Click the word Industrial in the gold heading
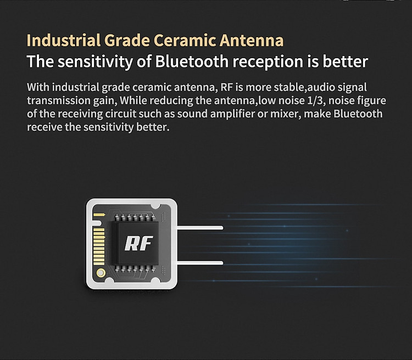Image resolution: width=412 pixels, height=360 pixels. click(x=64, y=40)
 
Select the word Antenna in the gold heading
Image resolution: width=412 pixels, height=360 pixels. click(x=252, y=40)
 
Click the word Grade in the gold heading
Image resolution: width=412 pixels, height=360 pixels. click(x=127, y=40)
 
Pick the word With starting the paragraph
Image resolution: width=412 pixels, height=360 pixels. click(x=38, y=87)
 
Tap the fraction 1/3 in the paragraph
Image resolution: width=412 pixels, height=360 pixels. click(x=316, y=100)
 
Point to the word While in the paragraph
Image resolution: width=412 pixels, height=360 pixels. click(x=133, y=100)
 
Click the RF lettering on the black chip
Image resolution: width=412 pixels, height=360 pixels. click(x=138, y=244)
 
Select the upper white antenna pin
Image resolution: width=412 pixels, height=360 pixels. click(x=200, y=228)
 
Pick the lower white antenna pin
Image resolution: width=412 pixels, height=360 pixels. click(x=200, y=263)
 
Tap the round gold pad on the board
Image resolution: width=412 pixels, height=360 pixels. click(x=101, y=273)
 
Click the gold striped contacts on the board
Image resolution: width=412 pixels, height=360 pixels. click(x=99, y=246)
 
